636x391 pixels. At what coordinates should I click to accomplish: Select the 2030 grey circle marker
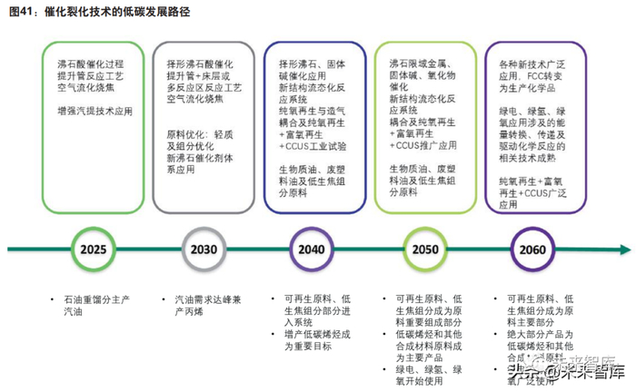(x=204, y=249)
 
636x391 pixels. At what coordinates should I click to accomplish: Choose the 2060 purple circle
(x=532, y=249)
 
